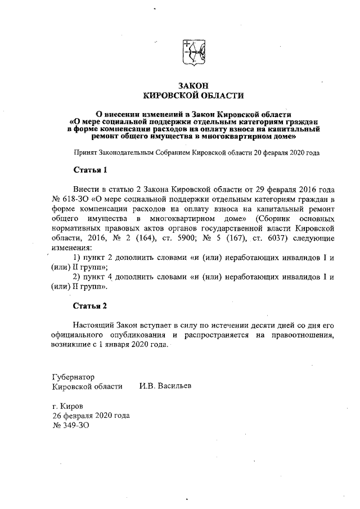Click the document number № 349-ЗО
(70, 426)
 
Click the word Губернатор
(73, 377)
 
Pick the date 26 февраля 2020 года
(91, 416)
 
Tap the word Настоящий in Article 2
(94, 326)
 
